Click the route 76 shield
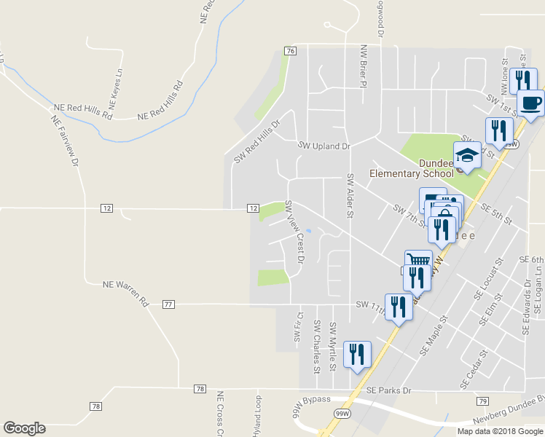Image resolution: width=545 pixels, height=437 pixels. point(291,51)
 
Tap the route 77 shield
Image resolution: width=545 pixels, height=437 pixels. point(168,304)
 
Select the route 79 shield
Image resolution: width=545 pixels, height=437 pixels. point(482,401)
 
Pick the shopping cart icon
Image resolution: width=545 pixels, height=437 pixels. point(418,261)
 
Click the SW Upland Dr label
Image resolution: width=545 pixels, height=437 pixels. point(324,146)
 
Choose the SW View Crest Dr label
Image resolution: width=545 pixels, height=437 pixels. point(294,232)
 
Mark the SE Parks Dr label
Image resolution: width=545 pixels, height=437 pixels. point(389,390)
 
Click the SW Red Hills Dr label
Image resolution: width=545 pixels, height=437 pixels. point(256,141)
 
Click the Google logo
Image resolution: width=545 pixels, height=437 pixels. point(24,428)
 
